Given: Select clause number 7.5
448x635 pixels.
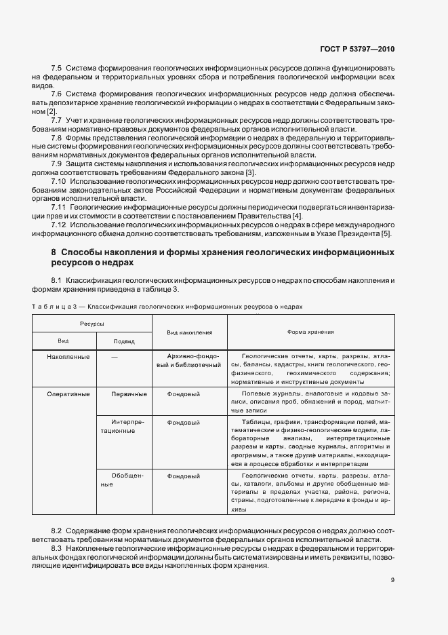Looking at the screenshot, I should point(57,69).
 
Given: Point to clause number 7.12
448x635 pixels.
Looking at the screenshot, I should point(59,225).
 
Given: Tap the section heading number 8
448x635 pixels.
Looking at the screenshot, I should point(54,252).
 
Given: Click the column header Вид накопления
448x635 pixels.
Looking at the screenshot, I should point(189,332).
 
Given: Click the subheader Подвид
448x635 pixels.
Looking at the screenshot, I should point(123,341).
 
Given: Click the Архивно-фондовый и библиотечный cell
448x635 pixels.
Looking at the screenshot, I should point(189,361).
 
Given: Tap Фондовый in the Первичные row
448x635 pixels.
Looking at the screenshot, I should point(182,394).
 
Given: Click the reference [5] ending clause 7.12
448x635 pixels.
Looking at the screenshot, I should point(386,234).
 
